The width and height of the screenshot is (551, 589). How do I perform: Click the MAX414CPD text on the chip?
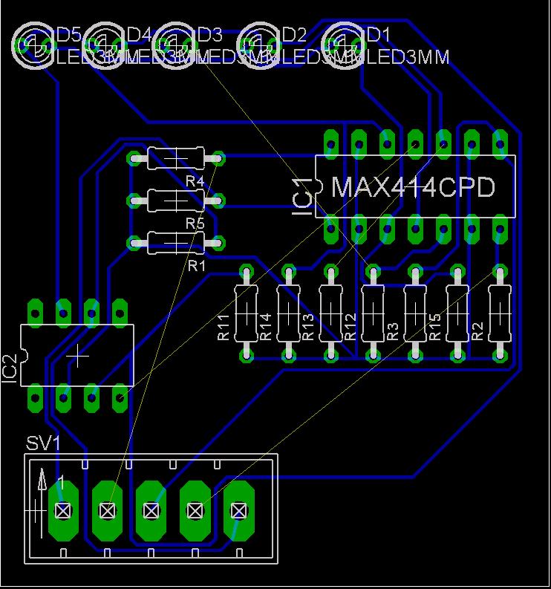[413, 187]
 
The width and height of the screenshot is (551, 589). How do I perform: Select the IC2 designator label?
[10, 369]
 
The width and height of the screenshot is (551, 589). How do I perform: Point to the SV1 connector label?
[43, 443]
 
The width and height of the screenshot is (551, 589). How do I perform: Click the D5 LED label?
[69, 34]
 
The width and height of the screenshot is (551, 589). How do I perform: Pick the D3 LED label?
[209, 34]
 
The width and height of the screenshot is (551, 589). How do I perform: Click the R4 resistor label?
[195, 181]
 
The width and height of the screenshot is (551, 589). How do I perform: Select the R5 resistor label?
[195, 223]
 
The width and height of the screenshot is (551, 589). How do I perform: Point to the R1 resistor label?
[196, 265]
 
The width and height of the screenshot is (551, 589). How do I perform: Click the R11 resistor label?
[224, 328]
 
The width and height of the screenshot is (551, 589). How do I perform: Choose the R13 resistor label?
[308, 328]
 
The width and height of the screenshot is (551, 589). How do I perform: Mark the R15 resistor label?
[435, 328]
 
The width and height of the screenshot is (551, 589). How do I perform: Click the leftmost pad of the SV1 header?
[63, 510]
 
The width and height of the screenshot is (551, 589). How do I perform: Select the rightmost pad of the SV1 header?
[238, 510]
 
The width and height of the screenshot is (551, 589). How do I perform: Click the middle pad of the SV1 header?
[151, 510]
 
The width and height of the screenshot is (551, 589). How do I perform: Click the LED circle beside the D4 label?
[103, 45]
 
